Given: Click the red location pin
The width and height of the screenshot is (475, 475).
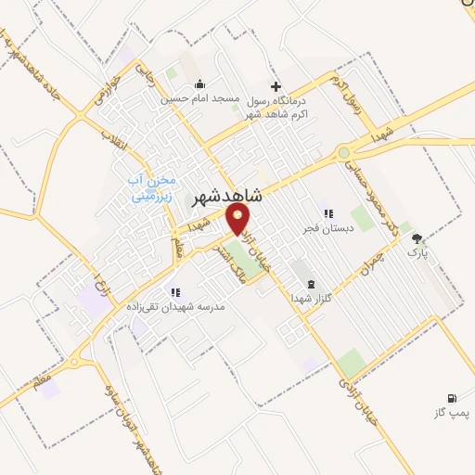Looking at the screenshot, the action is click(x=238, y=219).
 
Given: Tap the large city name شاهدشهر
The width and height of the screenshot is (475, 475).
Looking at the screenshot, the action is click(x=227, y=197).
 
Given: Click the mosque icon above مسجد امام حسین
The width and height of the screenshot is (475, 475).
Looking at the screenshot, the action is click(x=199, y=85).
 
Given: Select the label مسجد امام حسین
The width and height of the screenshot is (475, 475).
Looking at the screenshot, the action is click(x=199, y=97).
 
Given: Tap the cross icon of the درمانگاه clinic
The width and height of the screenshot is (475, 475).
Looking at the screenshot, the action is click(x=275, y=86).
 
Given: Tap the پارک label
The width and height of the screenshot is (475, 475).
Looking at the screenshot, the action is click(x=418, y=251).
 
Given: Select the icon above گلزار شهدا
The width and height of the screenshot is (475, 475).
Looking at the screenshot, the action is click(x=311, y=285).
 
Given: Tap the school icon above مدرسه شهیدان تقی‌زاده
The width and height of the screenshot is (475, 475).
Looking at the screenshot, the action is click(x=173, y=292).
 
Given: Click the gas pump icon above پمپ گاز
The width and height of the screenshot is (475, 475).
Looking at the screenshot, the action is click(x=453, y=397).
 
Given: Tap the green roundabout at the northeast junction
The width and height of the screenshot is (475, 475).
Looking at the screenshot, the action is click(x=344, y=152).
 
